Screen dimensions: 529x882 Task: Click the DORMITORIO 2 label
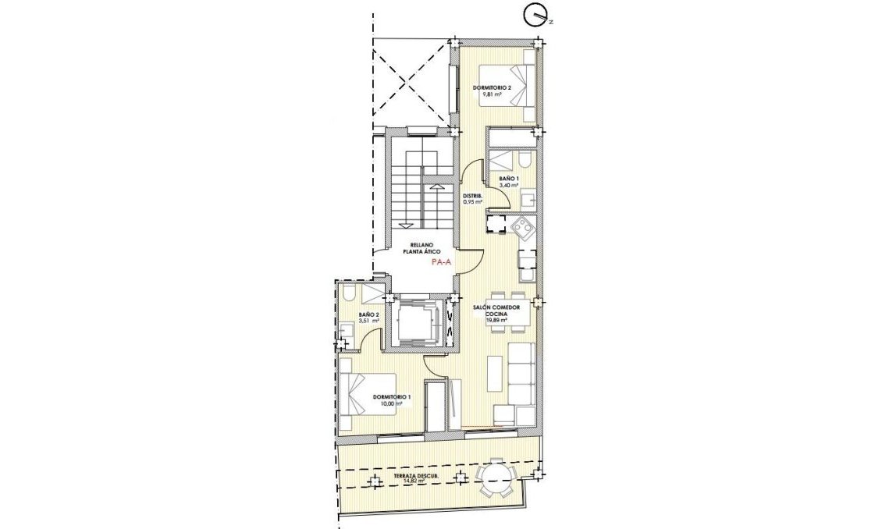(492, 87)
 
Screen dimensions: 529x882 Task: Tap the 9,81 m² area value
(492, 94)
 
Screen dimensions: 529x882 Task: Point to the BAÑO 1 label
(508, 179)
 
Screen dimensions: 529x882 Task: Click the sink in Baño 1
(528, 198)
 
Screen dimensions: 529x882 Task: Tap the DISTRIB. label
(472, 195)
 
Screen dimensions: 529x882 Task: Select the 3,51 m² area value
(368, 321)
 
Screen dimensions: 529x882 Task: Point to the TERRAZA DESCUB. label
(415, 475)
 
